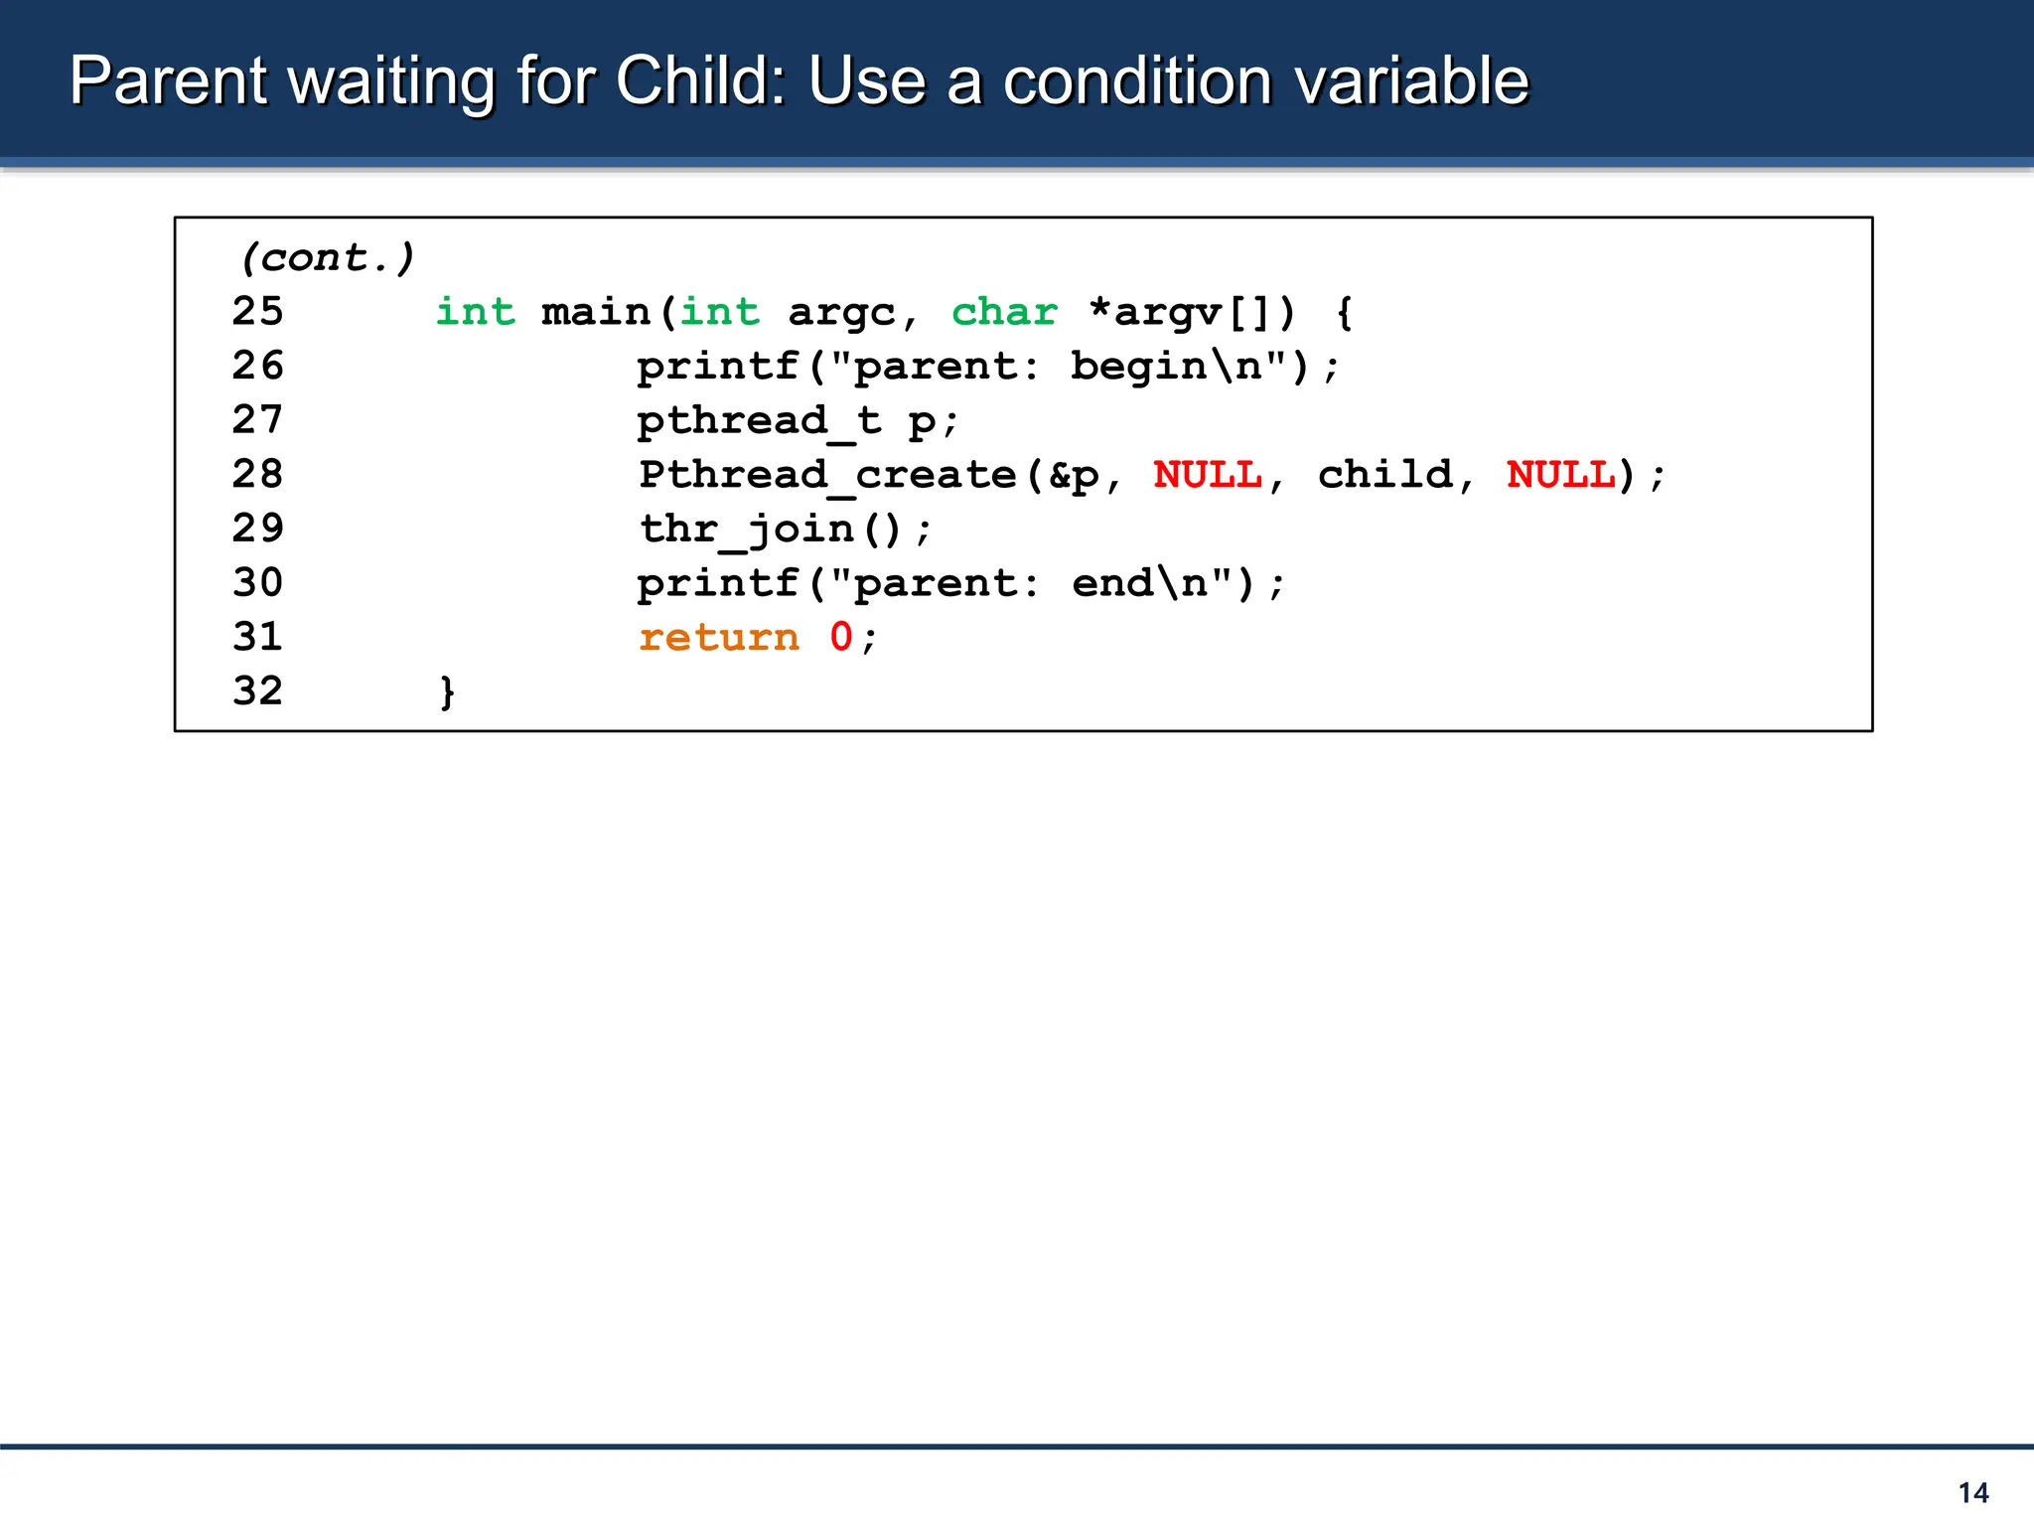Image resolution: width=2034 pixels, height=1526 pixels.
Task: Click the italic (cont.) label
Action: click(x=326, y=258)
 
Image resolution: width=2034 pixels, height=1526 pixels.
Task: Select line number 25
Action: click(x=257, y=312)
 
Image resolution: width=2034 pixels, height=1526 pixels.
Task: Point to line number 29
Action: click(x=257, y=529)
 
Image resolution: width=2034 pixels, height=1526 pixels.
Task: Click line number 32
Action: click(x=257, y=691)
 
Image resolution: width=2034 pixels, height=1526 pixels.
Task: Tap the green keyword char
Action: click(x=1004, y=312)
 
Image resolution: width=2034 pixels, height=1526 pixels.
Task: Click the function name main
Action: click(x=595, y=312)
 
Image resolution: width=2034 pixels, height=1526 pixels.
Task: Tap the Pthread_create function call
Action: click(x=828, y=475)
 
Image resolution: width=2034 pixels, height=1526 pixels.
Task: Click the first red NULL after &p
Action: click(x=1208, y=475)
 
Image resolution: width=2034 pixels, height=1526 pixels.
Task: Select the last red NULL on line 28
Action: click(x=1560, y=475)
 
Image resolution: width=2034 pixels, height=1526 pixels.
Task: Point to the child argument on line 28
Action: click(x=1384, y=475)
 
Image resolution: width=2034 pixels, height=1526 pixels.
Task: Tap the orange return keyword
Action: click(x=718, y=638)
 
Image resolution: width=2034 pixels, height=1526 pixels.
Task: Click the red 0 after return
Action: click(x=841, y=637)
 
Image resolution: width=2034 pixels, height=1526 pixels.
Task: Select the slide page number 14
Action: click(x=1972, y=1492)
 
